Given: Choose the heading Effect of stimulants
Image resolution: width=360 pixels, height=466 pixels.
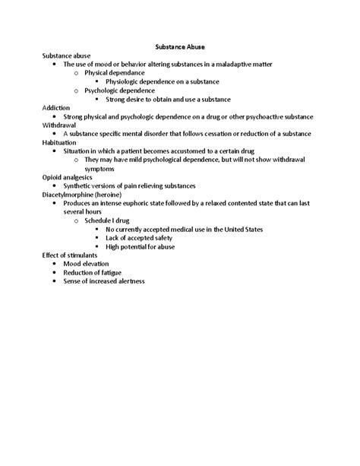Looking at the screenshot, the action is (70, 255).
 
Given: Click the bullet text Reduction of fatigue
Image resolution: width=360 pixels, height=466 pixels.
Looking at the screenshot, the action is (93, 272).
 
